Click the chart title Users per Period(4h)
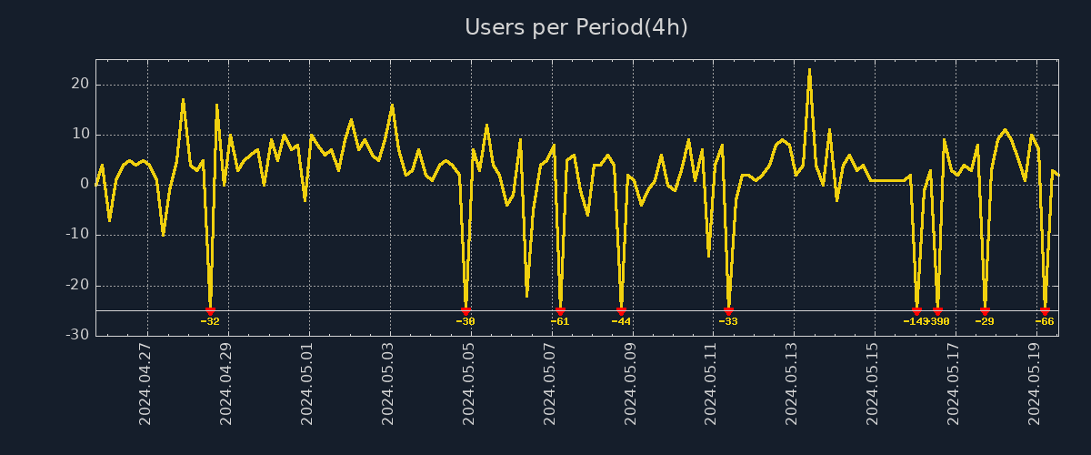[x=576, y=27]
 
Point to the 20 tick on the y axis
[x=79, y=84]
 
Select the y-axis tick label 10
[x=79, y=134]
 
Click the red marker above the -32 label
[x=210, y=311]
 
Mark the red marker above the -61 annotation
[x=560, y=311]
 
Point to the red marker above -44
[x=621, y=311]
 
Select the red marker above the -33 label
[x=728, y=311]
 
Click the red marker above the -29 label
[x=985, y=311]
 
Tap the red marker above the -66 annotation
[x=1045, y=311]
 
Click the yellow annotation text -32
[x=210, y=321]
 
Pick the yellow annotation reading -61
[x=560, y=321]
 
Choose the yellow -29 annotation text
[x=985, y=321]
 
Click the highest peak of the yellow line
[x=809, y=69]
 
